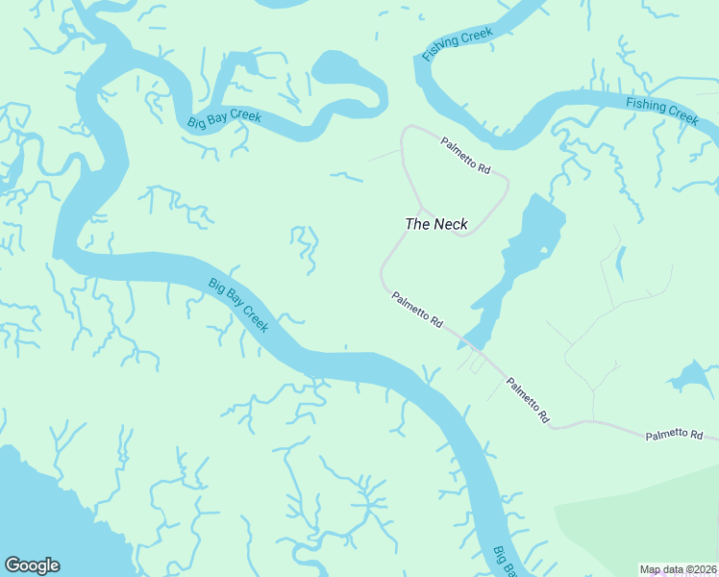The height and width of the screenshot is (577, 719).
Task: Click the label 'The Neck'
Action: tap(436, 224)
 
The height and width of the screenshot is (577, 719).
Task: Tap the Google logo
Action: tap(32, 565)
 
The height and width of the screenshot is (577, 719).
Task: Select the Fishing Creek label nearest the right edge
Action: tap(661, 110)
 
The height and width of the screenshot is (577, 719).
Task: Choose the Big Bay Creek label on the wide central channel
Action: tap(238, 306)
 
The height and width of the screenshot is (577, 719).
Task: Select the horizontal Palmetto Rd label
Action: tap(674, 436)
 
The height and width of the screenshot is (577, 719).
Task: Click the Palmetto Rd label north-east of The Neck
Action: tap(466, 156)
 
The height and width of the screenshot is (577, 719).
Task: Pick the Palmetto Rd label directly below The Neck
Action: tap(417, 311)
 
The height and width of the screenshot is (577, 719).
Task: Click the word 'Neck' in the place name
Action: tap(450, 224)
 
